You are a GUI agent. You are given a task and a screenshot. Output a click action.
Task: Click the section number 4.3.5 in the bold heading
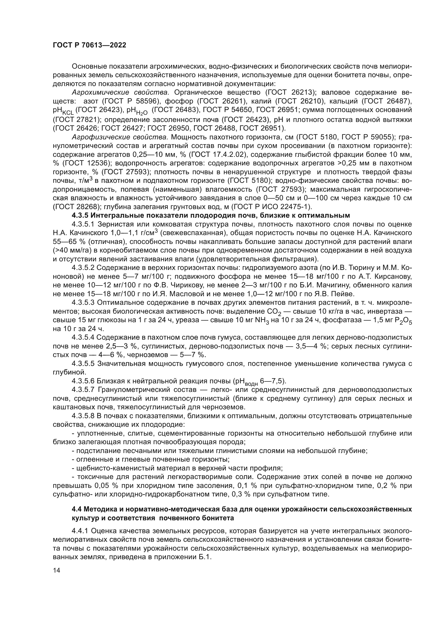pyautogui.click(x=80, y=216)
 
